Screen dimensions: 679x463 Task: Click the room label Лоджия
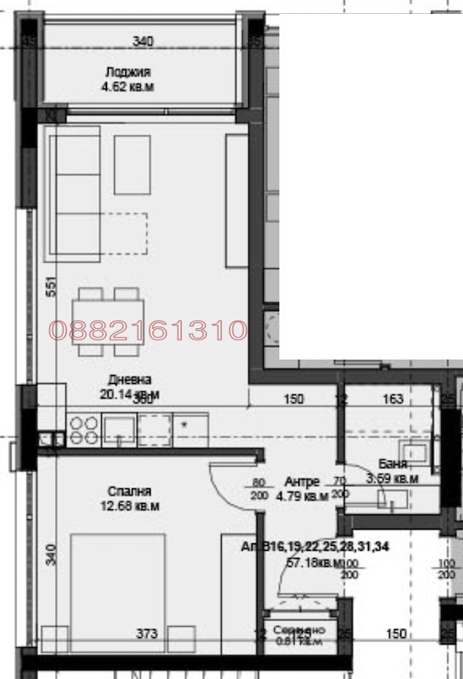tap(128, 73)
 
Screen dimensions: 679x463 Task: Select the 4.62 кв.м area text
tap(128, 87)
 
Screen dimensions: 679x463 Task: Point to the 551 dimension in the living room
tap(50, 288)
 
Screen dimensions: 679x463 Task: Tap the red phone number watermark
tap(148, 331)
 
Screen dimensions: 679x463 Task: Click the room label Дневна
tap(130, 380)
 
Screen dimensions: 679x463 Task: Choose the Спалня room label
tap(130, 492)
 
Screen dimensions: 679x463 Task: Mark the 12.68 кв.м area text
tap(130, 506)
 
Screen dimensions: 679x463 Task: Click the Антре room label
tap(302, 481)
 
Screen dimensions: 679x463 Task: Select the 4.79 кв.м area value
tap(302, 497)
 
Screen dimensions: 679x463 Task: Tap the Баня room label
tap(393, 464)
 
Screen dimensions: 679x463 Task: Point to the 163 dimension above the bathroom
tap(393, 400)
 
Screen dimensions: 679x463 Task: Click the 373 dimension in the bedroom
tap(146, 635)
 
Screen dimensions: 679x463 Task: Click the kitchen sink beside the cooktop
tap(118, 429)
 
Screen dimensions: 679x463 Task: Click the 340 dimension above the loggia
tap(143, 41)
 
